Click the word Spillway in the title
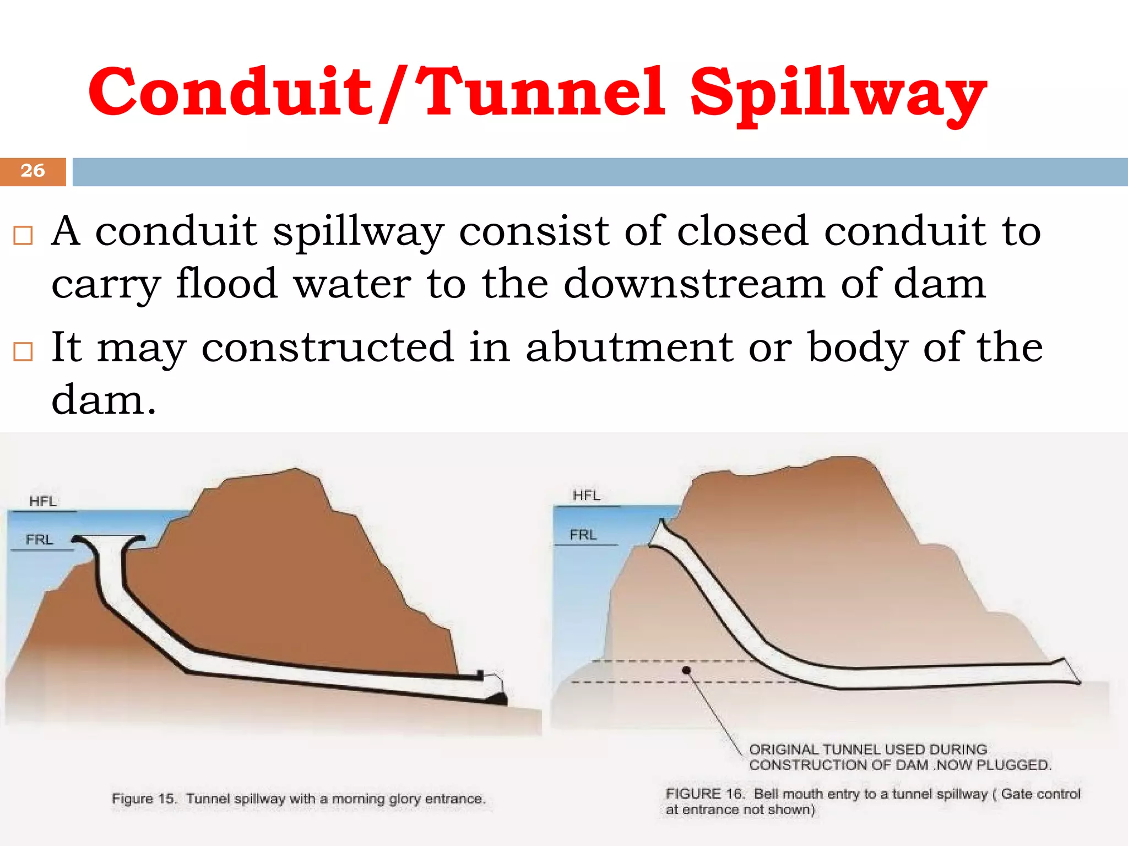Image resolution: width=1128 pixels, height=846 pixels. [837, 94]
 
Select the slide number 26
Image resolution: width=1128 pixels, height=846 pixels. [32, 171]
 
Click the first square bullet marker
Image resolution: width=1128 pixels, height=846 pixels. [23, 235]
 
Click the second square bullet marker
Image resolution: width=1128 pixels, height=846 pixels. [23, 351]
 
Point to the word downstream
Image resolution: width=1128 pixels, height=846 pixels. [694, 284]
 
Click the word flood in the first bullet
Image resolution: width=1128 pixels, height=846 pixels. [226, 284]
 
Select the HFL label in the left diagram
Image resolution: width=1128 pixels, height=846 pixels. [42, 501]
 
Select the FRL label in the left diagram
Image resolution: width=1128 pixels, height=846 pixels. [39, 540]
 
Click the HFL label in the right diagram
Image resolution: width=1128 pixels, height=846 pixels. [586, 496]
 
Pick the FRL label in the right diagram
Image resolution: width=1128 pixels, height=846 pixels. [583, 535]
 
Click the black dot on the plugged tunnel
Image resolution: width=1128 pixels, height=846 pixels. [686, 670]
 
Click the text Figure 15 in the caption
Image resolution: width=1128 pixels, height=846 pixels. [144, 799]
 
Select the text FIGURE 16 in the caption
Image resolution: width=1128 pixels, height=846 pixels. [704, 794]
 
